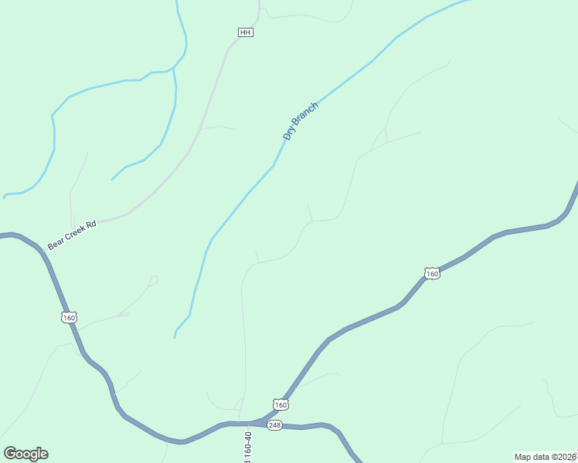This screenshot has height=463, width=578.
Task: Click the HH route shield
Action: pos(246,32)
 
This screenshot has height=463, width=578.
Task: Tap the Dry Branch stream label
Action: pos(300,122)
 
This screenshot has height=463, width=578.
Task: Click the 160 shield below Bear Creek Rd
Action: pos(70,317)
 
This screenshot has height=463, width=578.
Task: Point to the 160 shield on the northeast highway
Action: pos(432,273)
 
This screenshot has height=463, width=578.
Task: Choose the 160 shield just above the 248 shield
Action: pos(280,404)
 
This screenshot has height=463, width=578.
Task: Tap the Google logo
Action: pos(25,453)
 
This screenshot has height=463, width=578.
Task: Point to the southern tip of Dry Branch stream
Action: pos(175,337)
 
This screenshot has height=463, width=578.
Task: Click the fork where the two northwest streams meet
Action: pos(173,69)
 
